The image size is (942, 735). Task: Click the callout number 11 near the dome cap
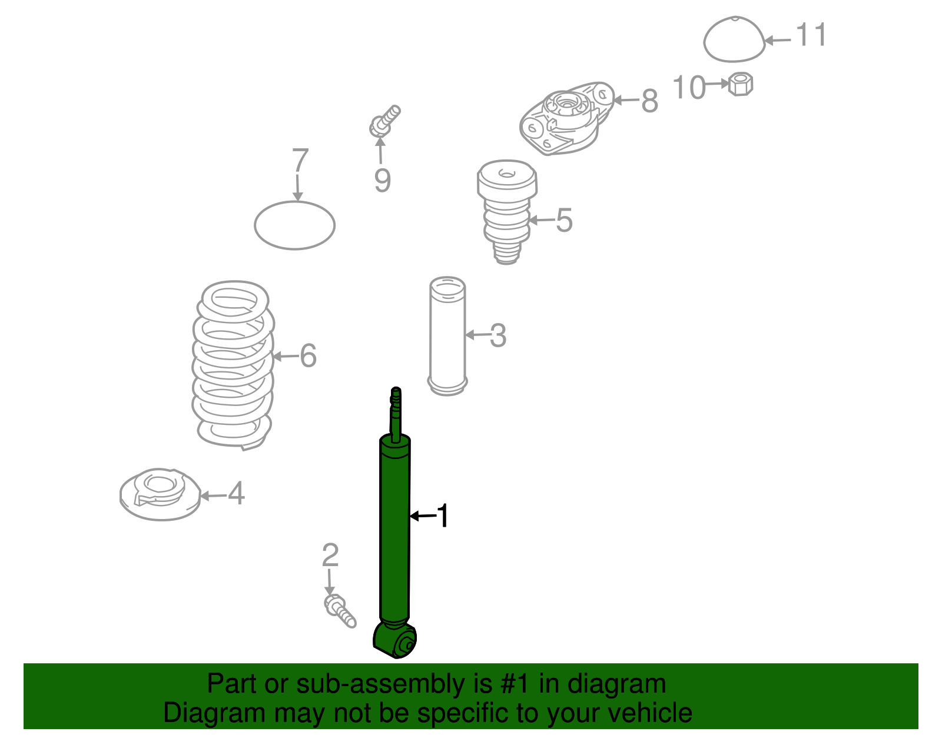[811, 35]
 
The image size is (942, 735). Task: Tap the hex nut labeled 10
[740, 84]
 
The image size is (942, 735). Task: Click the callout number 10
[688, 88]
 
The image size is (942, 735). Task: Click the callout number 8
[649, 101]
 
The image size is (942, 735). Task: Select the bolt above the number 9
[384, 121]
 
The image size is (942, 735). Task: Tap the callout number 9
[382, 180]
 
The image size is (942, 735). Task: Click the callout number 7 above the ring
[300, 161]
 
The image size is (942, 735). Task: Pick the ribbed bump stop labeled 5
[506, 212]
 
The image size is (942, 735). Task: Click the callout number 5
[564, 221]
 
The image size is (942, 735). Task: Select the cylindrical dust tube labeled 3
[447, 335]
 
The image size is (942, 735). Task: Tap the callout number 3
[498, 335]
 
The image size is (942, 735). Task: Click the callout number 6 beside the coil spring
[308, 356]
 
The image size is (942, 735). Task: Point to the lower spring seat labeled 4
[160, 494]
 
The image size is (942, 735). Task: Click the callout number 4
[236, 494]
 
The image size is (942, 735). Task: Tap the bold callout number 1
[443, 516]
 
